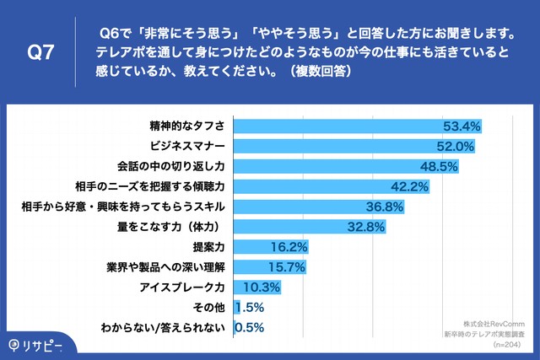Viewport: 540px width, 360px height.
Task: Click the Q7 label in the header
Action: [41, 52]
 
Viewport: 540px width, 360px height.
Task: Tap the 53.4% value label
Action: [462, 126]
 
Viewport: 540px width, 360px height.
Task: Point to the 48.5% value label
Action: [438, 167]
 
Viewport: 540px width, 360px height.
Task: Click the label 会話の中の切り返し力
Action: [168, 167]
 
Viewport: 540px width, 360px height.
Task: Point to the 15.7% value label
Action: [284, 267]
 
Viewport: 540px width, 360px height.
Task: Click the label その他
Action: [212, 308]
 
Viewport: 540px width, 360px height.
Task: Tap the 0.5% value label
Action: [249, 328]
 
